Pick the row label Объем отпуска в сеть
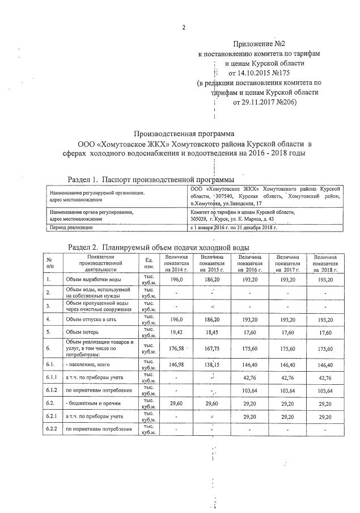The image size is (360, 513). pyautogui.click(x=93, y=319)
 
